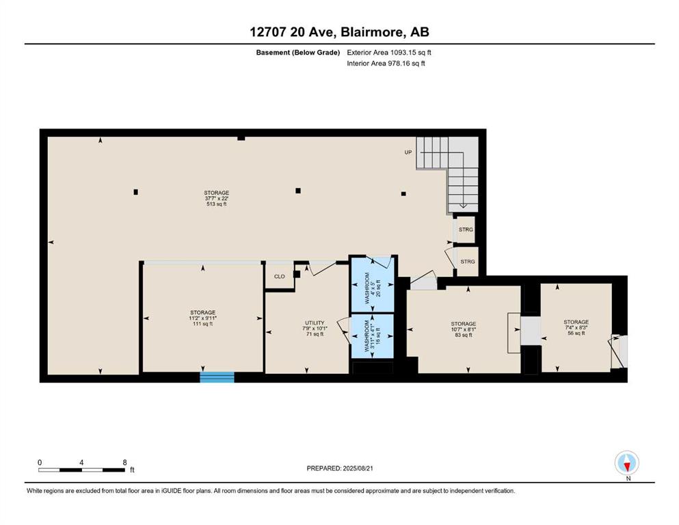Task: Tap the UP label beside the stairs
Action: coord(408,152)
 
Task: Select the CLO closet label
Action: coord(279,277)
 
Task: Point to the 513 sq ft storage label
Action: coord(217,198)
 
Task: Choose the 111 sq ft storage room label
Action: coord(202,318)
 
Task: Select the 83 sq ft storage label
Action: coord(464,329)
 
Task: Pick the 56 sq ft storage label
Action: coord(576,327)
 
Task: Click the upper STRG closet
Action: coord(466,230)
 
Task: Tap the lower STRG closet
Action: coord(468,262)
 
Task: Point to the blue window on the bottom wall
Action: coord(217,377)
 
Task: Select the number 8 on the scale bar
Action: coord(124,462)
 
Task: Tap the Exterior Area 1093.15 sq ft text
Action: coord(389,53)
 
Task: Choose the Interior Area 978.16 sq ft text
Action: coord(386,63)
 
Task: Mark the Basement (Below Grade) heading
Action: coord(298,53)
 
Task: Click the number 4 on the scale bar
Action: coord(81,462)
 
